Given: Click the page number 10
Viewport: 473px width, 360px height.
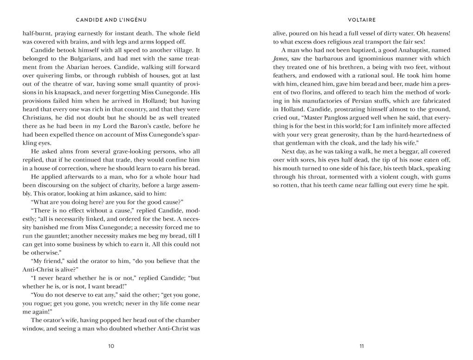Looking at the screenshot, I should pyautogui.click(x=111, y=346).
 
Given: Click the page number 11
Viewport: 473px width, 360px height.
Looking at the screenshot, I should pyautogui.click(x=362, y=346).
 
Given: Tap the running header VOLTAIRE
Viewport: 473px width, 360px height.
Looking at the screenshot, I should pyautogui.click(x=362, y=20).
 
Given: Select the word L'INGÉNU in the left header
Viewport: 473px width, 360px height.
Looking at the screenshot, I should pyautogui.click(x=131, y=20).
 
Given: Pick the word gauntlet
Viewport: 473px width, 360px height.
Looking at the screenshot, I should pyautogui.click(x=52, y=236).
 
